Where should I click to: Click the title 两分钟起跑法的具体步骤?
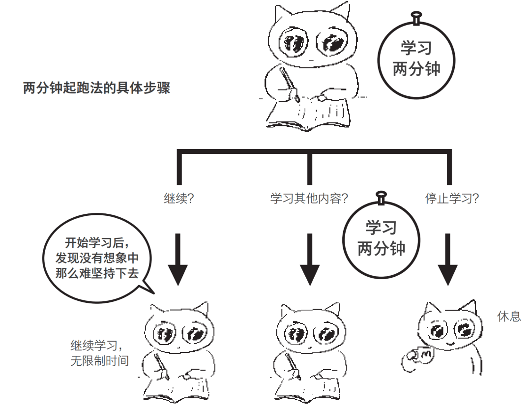tap(96, 89)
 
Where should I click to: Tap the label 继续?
tap(178, 199)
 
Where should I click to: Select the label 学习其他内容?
tap(309, 199)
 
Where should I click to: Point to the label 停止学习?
tap(452, 199)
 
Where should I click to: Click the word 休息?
tap(509, 316)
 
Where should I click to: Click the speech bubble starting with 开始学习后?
tap(97, 258)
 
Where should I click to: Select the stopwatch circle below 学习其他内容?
tap(381, 238)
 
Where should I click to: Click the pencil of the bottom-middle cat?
tap(293, 366)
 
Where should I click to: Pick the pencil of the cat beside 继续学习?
tap(161, 366)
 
